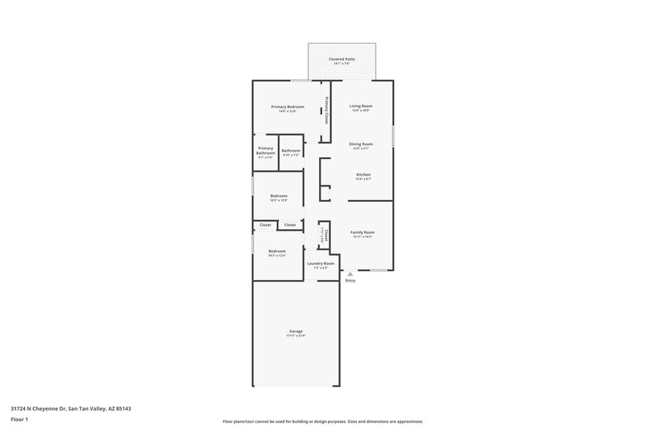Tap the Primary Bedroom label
pyautogui.click(x=287, y=106)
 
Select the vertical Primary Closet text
pyautogui.click(x=327, y=110)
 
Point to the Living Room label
pyautogui.click(x=360, y=106)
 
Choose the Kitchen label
pyautogui.click(x=363, y=174)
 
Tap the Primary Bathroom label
pyautogui.click(x=266, y=150)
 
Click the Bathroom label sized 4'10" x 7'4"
pyautogui.click(x=291, y=150)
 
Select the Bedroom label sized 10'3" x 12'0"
pyautogui.click(x=279, y=196)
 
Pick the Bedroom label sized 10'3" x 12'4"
pyautogui.click(x=277, y=251)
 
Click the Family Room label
pyautogui.click(x=362, y=232)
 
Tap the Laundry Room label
pyautogui.click(x=321, y=263)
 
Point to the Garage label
pyautogui.click(x=296, y=331)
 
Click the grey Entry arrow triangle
pyautogui.click(x=350, y=274)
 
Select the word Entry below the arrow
pyautogui.click(x=350, y=281)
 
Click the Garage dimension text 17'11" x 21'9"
pyautogui.click(x=296, y=336)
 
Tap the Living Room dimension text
pyautogui.click(x=360, y=111)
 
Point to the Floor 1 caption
pyautogui.click(x=19, y=420)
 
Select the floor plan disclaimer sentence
pyautogui.click(x=322, y=421)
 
